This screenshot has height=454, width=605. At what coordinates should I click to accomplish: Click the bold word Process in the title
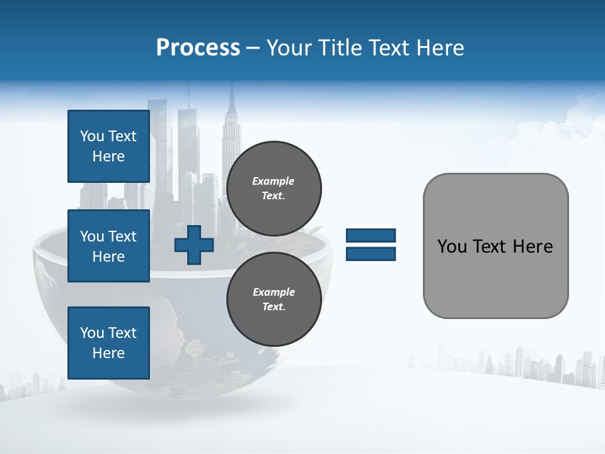[x=198, y=48]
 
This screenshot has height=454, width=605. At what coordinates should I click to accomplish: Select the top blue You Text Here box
[x=108, y=146]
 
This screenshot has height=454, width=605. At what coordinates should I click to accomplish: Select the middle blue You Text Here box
[x=108, y=246]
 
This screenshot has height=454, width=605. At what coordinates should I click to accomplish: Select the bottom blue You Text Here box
[x=108, y=343]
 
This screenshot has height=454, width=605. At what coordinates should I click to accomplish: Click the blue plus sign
[x=194, y=245]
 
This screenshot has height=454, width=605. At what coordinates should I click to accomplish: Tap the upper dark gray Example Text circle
[x=274, y=189]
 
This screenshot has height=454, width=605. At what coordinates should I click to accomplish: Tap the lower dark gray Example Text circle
[x=274, y=300]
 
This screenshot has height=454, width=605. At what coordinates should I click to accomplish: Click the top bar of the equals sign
[x=371, y=236]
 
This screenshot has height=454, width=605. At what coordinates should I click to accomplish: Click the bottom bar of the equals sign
[x=371, y=253]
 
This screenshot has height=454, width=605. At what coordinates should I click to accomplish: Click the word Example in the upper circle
[x=273, y=181]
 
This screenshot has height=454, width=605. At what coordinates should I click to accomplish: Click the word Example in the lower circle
[x=273, y=292]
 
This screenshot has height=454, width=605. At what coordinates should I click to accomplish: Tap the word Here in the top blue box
[x=108, y=156]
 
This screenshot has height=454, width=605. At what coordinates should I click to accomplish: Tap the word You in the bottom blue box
[x=92, y=333]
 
